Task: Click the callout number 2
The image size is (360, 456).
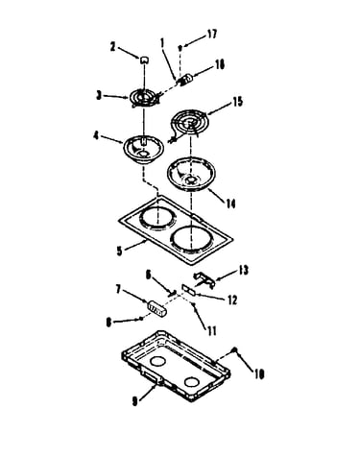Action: pyautogui.click(x=112, y=47)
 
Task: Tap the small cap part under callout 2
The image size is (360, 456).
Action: pyautogui.click(x=144, y=60)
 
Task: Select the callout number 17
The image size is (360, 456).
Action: pyautogui.click(x=212, y=34)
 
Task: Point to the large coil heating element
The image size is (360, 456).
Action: pyautogui.click(x=189, y=125)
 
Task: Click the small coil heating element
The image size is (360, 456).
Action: pyautogui.click(x=144, y=97)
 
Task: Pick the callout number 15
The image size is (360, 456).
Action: pyautogui.click(x=237, y=101)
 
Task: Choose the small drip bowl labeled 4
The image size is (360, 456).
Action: pyautogui.click(x=143, y=150)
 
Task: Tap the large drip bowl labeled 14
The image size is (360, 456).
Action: pyautogui.click(x=191, y=175)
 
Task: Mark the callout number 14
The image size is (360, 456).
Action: pyautogui.click(x=229, y=203)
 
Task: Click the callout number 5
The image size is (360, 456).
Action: pyautogui.click(x=119, y=251)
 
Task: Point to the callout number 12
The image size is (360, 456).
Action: pyautogui.click(x=231, y=300)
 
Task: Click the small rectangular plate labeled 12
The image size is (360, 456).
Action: pyautogui.click(x=188, y=289)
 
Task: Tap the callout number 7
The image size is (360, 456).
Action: pyautogui.click(x=118, y=290)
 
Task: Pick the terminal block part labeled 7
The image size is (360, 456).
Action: pyautogui.click(x=156, y=308)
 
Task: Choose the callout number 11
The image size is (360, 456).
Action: pyautogui.click(x=211, y=330)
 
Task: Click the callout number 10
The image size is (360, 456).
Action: pyautogui.click(x=258, y=373)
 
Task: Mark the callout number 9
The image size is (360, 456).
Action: pyautogui.click(x=135, y=401)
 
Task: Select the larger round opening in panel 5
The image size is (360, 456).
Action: pyautogui.click(x=192, y=239)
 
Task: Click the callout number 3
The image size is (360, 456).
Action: pyautogui.click(x=99, y=95)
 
